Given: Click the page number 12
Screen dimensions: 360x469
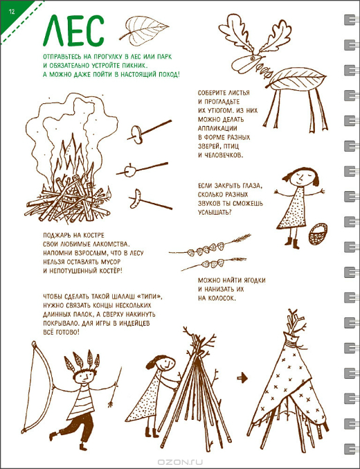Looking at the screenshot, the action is (x=12, y=12).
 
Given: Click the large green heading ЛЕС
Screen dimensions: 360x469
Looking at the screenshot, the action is (x=73, y=30).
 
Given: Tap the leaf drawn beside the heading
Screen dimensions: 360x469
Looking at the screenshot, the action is (x=143, y=30).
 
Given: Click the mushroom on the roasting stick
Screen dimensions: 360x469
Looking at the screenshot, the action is (x=136, y=134).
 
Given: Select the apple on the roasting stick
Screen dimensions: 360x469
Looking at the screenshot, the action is (x=130, y=171).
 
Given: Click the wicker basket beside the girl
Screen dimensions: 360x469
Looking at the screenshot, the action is (x=318, y=234).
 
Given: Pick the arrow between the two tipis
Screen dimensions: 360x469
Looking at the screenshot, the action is (x=242, y=378).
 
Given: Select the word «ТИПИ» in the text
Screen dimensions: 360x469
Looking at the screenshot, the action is (x=149, y=297).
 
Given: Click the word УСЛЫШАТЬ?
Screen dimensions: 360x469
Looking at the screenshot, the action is (x=215, y=213).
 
